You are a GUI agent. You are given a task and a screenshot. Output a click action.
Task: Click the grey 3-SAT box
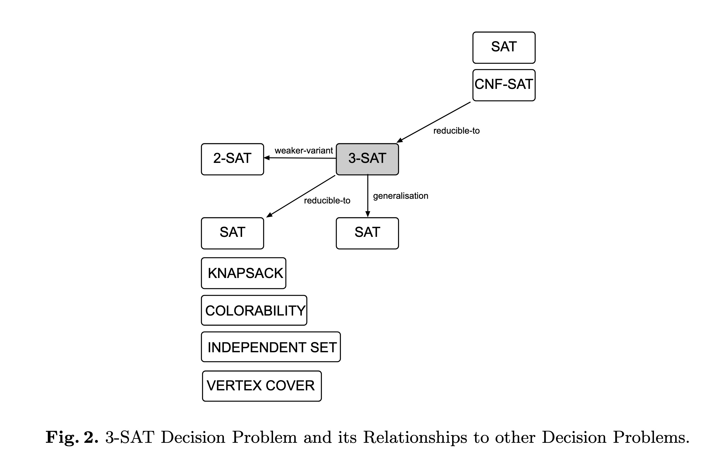367,159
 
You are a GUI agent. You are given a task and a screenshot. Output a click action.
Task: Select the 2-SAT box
232,159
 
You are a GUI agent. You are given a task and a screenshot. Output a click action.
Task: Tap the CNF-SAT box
504,85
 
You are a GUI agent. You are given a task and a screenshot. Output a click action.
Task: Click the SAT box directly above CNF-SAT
504,47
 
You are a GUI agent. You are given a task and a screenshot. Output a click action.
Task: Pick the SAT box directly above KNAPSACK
232,233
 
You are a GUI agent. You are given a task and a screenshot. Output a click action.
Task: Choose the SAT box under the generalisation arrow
367,233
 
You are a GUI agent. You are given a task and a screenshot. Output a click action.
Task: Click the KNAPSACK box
243,273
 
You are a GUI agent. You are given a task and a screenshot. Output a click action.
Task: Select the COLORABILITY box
254,311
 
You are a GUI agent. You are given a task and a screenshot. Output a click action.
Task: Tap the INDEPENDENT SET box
271,347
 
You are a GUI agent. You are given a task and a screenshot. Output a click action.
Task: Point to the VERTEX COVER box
262,386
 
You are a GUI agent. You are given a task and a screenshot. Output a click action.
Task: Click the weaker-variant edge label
303,150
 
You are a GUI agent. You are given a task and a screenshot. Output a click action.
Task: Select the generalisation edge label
401,196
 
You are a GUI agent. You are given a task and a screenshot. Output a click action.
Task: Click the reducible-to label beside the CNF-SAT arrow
456,131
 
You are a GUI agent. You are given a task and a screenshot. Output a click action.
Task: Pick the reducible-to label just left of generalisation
327,200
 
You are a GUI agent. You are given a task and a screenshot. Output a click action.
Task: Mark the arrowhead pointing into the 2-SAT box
267,158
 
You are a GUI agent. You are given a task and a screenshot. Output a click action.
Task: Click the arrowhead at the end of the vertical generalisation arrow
368,214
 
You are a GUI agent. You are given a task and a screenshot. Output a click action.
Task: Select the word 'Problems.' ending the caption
651,438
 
